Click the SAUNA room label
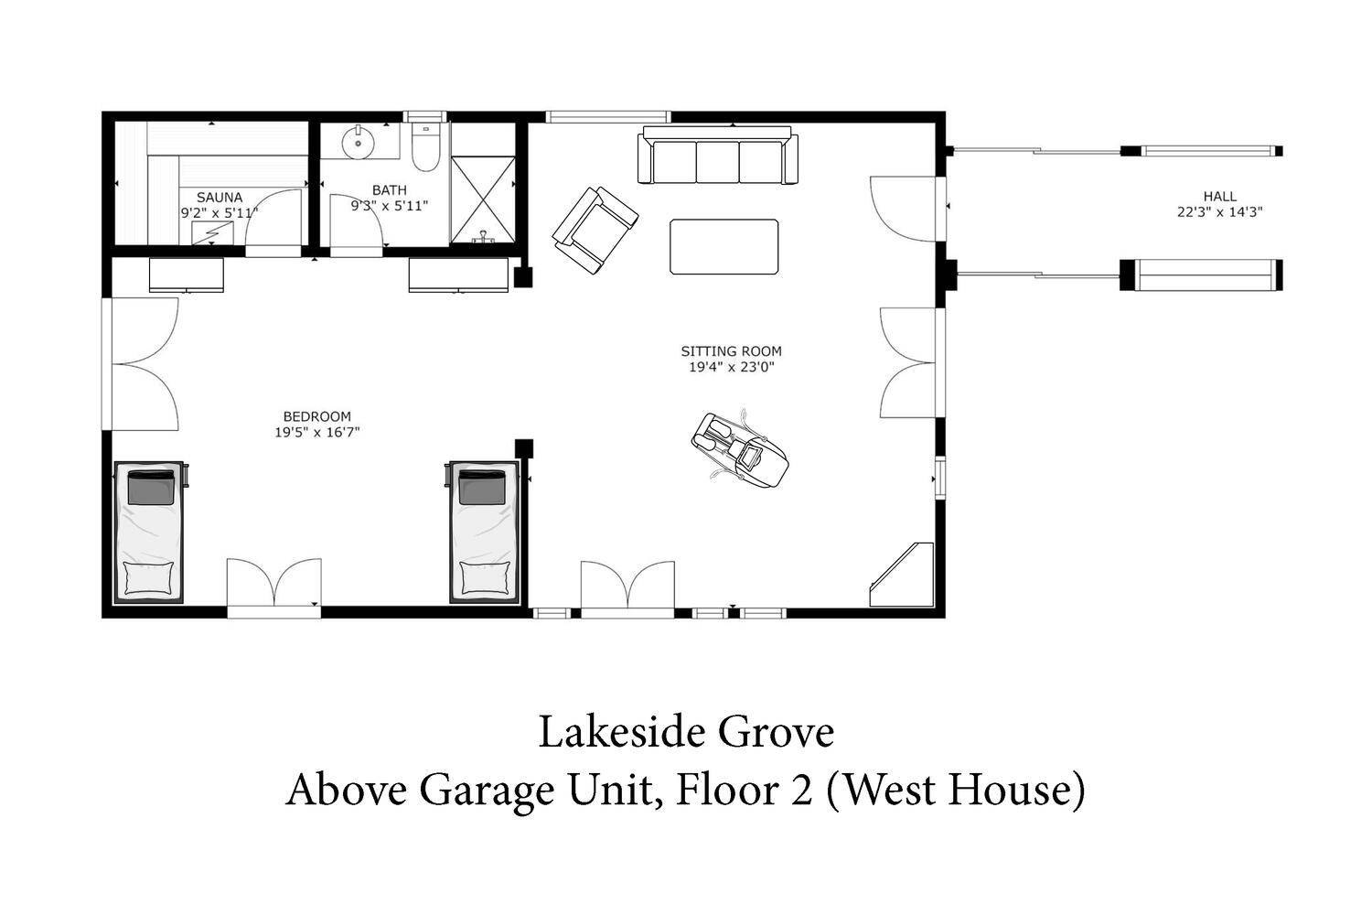pos(220,198)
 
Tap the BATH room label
pos(389,190)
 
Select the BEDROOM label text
pos(316,416)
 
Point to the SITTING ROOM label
pos(732,351)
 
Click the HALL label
pos(1220,196)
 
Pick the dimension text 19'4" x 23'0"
pos(732,367)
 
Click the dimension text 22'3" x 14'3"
pos(1220,212)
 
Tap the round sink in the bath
pos(359,142)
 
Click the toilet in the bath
pos(425,147)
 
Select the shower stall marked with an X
pos(483,199)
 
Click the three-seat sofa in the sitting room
pos(718,155)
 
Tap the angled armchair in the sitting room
pos(595,231)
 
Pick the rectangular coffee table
pos(724,246)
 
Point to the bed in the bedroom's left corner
pos(149,532)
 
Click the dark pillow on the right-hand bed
pos(482,487)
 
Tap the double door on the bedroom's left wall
pos(140,364)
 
